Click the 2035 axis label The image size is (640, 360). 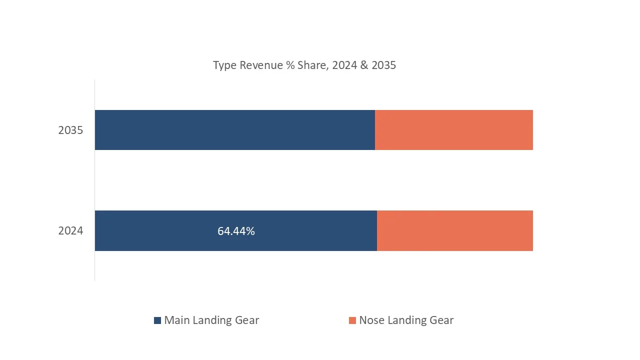(x=70, y=130)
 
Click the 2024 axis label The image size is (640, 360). (x=70, y=231)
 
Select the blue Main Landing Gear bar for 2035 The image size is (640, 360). (x=234, y=130)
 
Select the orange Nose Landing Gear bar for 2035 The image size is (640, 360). (x=453, y=130)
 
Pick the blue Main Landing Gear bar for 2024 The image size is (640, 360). (x=160, y=231)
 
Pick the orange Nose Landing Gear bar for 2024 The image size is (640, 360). (x=454, y=231)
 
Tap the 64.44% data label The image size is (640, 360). (x=236, y=231)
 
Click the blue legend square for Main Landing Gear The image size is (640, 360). (x=157, y=320)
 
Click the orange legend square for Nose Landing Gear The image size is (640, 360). (x=352, y=320)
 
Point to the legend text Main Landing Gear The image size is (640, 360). (x=211, y=320)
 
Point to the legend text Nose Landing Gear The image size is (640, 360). (x=406, y=320)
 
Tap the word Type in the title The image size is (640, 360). (x=224, y=65)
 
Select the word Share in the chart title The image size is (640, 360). (x=311, y=65)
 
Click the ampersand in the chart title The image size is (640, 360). (x=363, y=65)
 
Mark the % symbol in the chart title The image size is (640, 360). (x=290, y=65)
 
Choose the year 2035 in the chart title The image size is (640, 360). (x=383, y=65)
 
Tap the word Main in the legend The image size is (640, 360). (x=176, y=320)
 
